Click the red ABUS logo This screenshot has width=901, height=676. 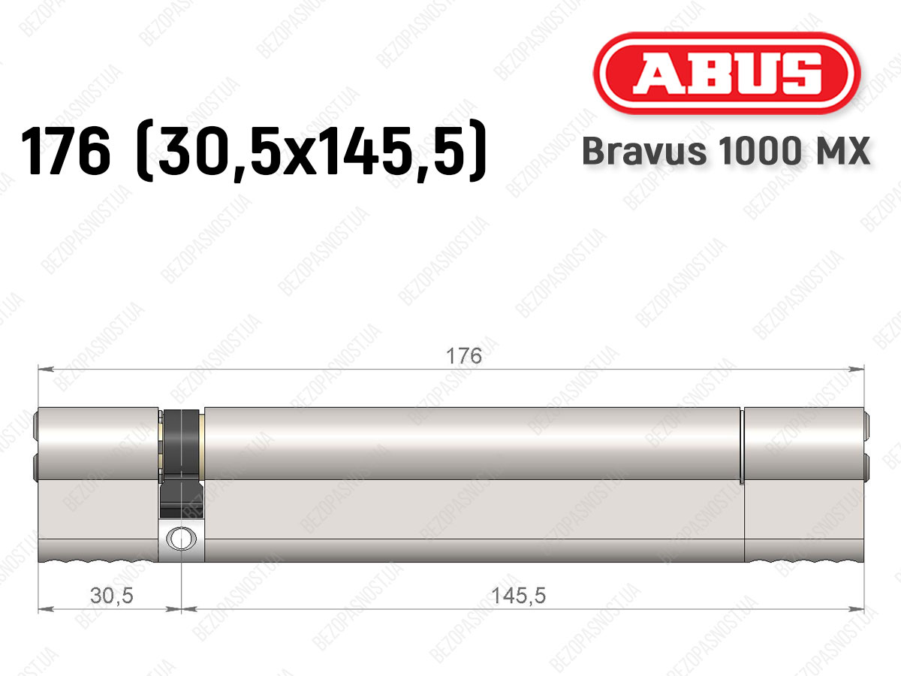click(x=727, y=73)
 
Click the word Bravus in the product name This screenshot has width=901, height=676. click(x=644, y=151)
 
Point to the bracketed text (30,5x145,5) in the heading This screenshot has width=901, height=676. click(x=311, y=151)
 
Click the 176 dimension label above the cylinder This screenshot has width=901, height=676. click(x=464, y=356)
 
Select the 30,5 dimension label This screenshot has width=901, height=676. click(x=112, y=596)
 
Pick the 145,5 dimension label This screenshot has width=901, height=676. click(x=518, y=596)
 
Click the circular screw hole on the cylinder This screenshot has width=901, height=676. click(x=181, y=539)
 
